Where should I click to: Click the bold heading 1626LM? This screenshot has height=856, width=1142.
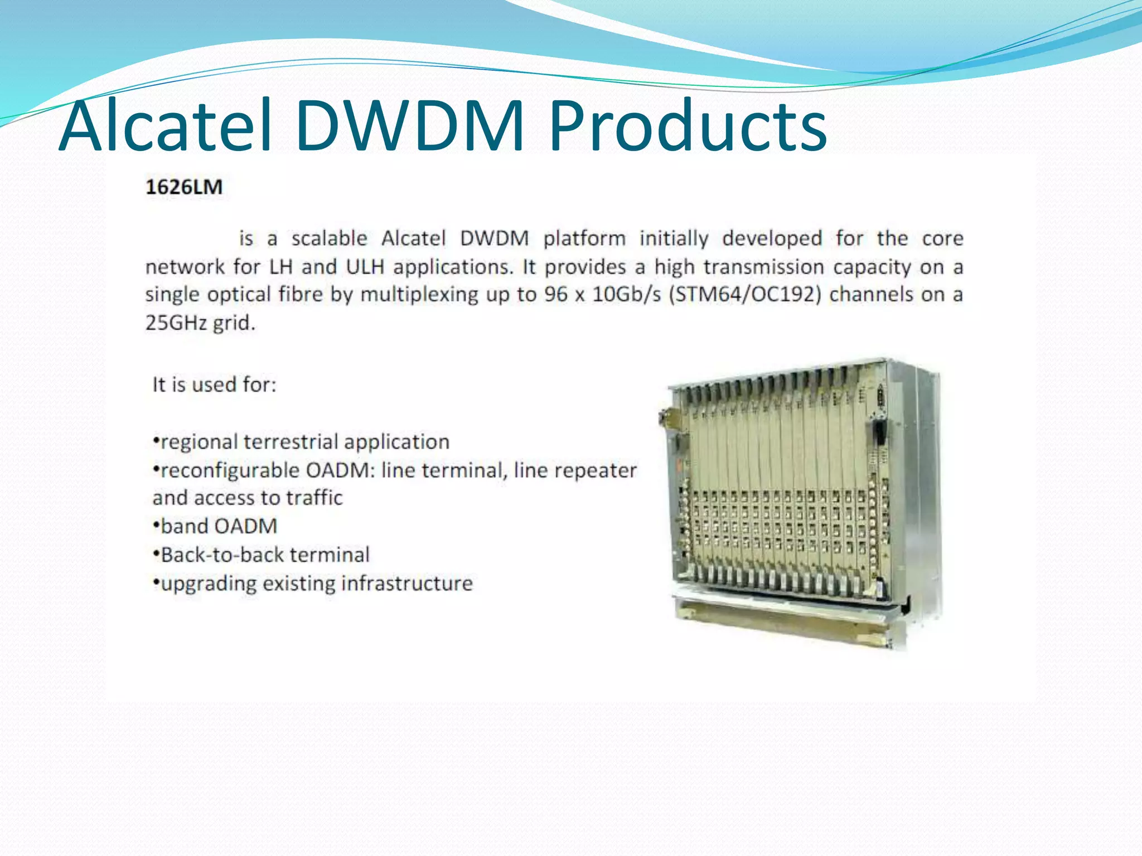click(x=184, y=187)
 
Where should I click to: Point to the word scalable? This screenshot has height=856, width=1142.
click(x=329, y=239)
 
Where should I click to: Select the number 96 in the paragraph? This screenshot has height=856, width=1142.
click(x=555, y=294)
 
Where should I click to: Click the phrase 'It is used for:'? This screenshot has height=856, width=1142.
click(x=215, y=385)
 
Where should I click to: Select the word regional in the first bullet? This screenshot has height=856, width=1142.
click(x=198, y=442)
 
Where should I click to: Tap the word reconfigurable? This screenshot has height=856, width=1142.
click(x=230, y=470)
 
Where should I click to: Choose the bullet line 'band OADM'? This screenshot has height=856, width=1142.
click(x=216, y=526)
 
